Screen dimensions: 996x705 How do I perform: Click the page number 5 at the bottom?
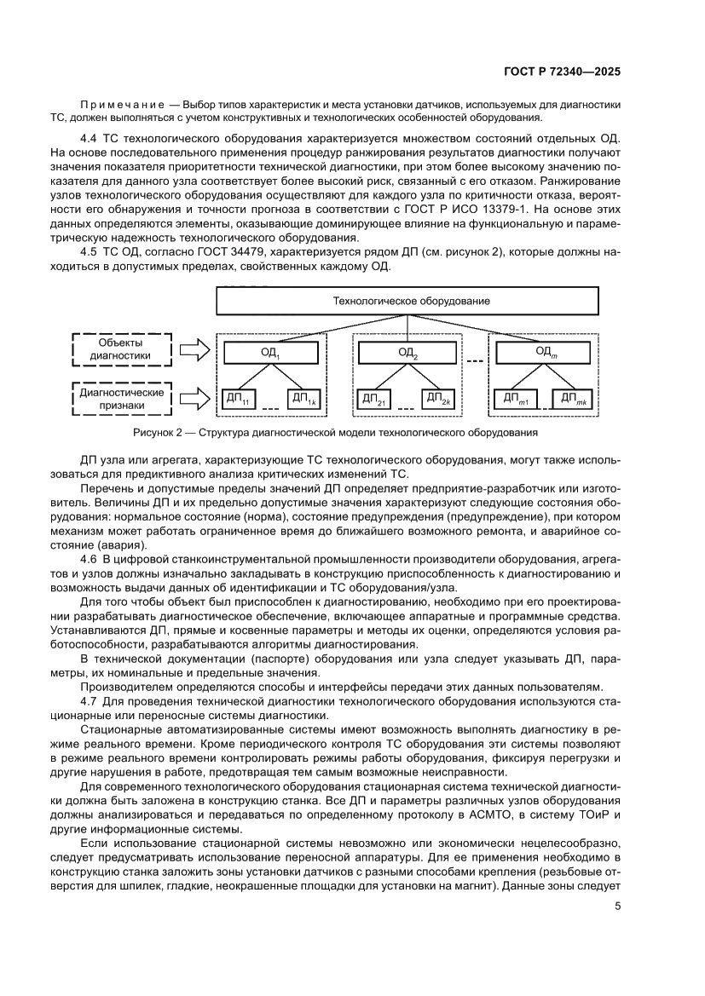coord(616,906)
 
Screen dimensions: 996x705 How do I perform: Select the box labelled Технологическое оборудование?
coord(410,301)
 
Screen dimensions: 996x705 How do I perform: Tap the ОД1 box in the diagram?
coord(269,352)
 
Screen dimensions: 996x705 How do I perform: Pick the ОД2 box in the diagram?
coord(407,352)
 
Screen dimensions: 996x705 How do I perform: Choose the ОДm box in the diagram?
coord(545,352)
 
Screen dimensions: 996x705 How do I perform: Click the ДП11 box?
coord(238,398)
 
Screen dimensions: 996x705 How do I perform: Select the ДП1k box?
coord(302,398)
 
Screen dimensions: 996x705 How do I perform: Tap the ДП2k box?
coord(438,398)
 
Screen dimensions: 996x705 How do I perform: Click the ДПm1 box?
coord(515,398)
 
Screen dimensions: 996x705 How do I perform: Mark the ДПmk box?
coord(576,398)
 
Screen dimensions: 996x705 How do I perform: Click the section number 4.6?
coord(90,558)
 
